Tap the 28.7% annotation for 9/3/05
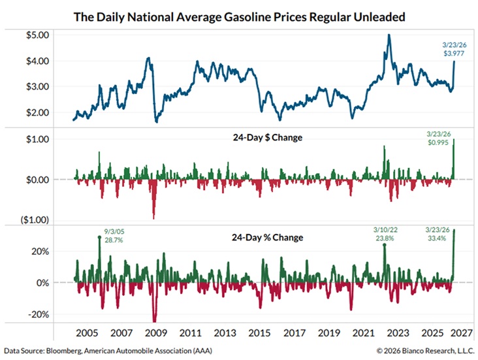pos(114,240)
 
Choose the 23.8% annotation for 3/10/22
pos(381,240)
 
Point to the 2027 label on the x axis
pos(466,332)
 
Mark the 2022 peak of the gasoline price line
pos(389,35)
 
